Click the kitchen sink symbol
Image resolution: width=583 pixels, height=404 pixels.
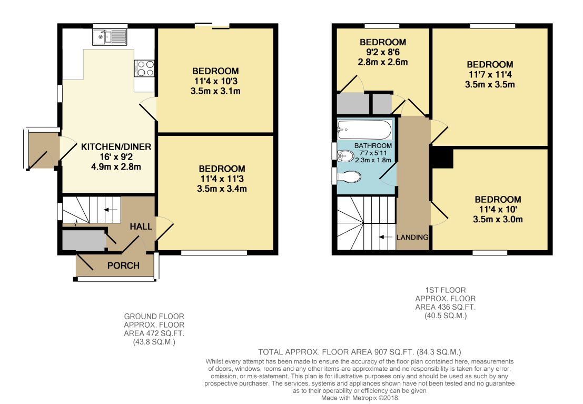[110, 36]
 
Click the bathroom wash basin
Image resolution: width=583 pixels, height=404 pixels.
[345, 156]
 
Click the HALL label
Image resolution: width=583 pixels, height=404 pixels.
[142, 226]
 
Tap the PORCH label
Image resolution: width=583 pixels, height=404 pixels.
[123, 265]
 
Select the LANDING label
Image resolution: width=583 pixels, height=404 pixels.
[412, 237]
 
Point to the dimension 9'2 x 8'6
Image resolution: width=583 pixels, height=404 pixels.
[383, 52]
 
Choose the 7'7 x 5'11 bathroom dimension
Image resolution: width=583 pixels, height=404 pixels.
[373, 153]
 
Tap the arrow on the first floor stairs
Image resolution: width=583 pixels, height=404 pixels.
[386, 237]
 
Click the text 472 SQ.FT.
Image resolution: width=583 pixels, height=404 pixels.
[154, 333]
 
